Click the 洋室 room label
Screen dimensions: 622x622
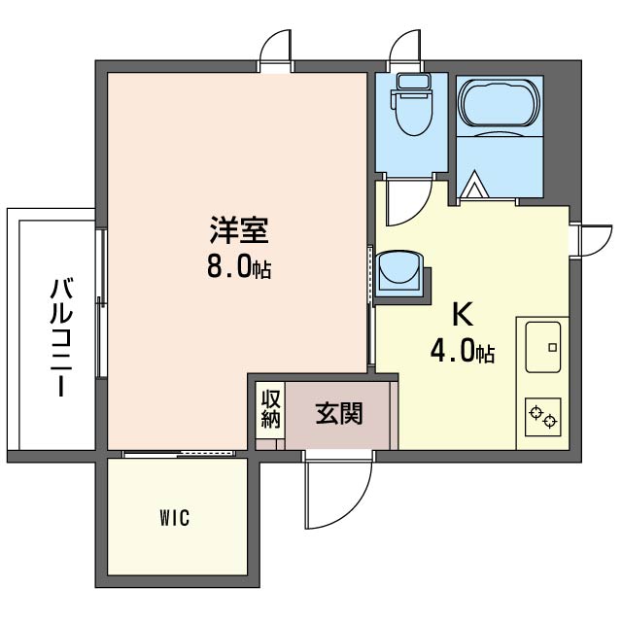tap(239, 229)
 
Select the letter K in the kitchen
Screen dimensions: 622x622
tap(463, 314)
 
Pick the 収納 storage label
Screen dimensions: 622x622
tap(271, 409)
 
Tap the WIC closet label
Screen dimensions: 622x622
tap(175, 518)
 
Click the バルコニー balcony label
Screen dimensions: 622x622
tap(60, 337)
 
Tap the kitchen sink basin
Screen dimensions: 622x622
tap(542, 347)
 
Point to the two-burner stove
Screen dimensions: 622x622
tap(542, 417)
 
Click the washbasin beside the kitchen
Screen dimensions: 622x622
tap(398, 272)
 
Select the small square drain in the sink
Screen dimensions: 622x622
tap(553, 348)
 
